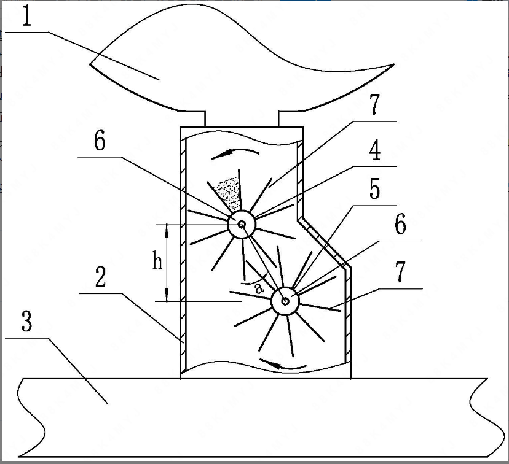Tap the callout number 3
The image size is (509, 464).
coord(26,322)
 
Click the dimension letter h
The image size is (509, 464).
coord(158,263)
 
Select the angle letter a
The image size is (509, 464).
coord(258,287)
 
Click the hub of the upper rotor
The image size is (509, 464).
coord(242,225)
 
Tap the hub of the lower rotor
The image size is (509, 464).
coord(285,300)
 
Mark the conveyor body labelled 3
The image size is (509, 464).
coord(246,417)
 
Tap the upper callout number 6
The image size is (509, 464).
coord(100,141)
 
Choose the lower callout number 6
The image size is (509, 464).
coord(400,226)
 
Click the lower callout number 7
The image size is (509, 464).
coord(400,272)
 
